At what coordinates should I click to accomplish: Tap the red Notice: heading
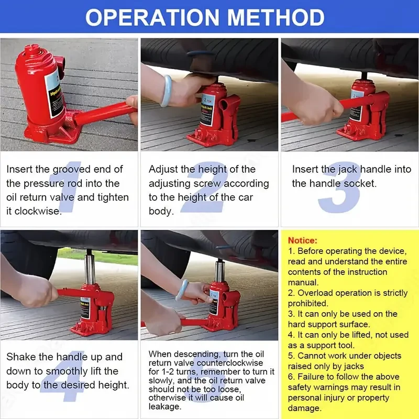pos(303,240)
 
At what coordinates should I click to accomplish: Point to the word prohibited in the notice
pos(308,303)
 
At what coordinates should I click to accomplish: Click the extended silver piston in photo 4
pos(90,267)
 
